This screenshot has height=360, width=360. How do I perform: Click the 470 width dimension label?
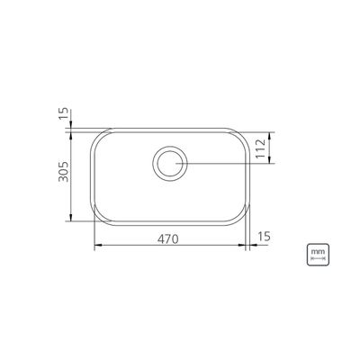click(168, 238)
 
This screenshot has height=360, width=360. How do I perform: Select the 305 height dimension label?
click(64, 172)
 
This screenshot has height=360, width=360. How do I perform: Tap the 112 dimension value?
click(261, 148)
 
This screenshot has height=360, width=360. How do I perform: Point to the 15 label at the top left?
click(64, 114)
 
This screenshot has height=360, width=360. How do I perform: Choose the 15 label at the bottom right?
click(264, 237)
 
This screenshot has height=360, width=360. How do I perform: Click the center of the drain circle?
click(170, 164)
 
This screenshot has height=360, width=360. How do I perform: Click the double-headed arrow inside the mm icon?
click(318, 258)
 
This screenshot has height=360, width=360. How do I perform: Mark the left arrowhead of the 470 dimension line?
click(98, 245)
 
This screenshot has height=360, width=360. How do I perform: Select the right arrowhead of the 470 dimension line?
click(242, 245)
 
